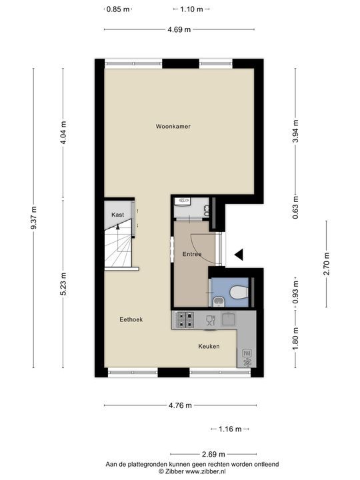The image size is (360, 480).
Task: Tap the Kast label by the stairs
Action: click(x=118, y=214)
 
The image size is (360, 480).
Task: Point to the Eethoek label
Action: click(x=131, y=319)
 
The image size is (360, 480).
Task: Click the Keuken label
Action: click(x=209, y=347)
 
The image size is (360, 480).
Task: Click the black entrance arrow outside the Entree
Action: click(x=239, y=254)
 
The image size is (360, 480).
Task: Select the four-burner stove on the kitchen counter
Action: click(x=185, y=320)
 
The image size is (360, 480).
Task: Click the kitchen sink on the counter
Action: click(x=228, y=319)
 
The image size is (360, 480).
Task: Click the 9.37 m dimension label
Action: click(x=33, y=218)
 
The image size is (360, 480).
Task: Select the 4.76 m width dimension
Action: click(x=179, y=405)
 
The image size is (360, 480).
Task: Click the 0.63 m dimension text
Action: click(x=295, y=211)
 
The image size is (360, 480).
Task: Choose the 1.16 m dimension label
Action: click(x=225, y=429)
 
